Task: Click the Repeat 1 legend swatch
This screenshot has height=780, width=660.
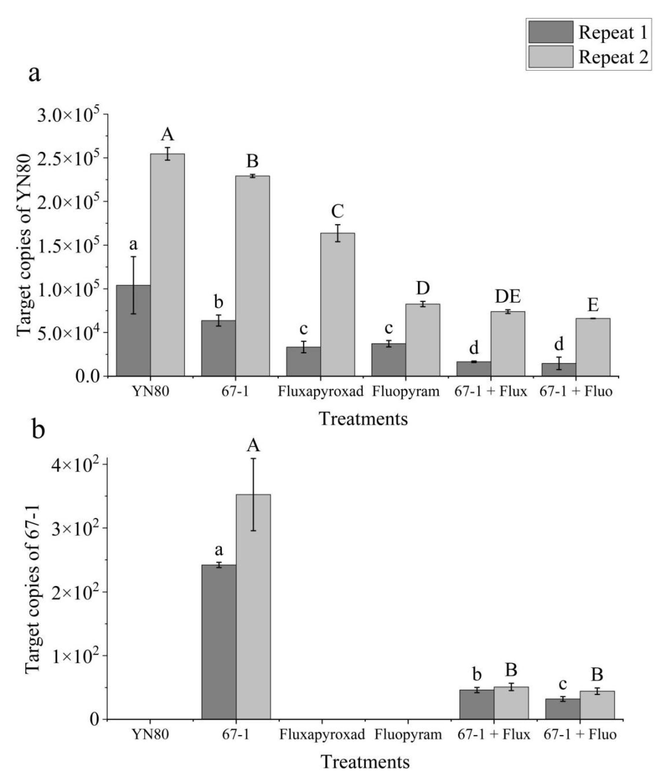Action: click(x=550, y=32)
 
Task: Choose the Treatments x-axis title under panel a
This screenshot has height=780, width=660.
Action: click(x=363, y=419)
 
